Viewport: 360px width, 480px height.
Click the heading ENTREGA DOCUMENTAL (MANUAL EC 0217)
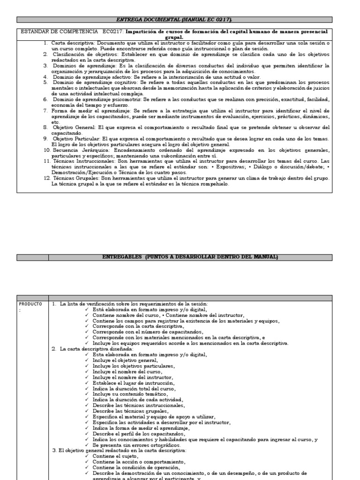pos(174,20)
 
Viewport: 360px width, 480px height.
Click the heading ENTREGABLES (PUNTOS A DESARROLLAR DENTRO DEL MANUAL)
pos(190,257)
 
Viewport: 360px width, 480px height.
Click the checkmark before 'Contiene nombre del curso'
pos(88,315)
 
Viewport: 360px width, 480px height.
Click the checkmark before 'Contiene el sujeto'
pos(88,456)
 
